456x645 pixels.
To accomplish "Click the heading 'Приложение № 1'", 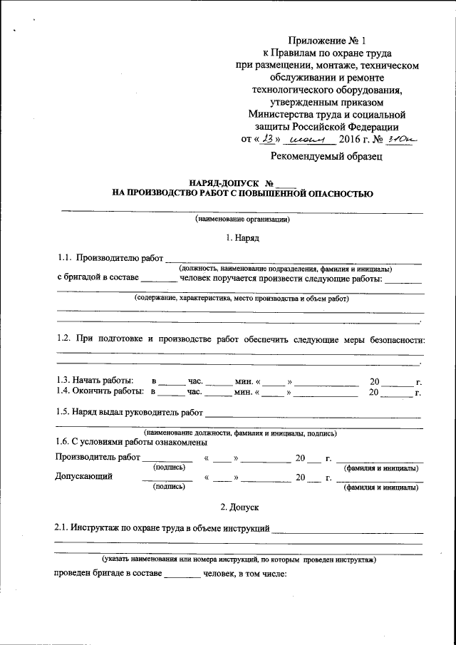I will [327, 41].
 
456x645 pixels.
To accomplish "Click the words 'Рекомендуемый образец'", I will [327, 155].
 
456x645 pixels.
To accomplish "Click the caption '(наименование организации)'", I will [242, 220].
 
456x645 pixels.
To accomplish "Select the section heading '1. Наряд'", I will [242, 236].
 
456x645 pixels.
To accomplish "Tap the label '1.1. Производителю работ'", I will [110, 258].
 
